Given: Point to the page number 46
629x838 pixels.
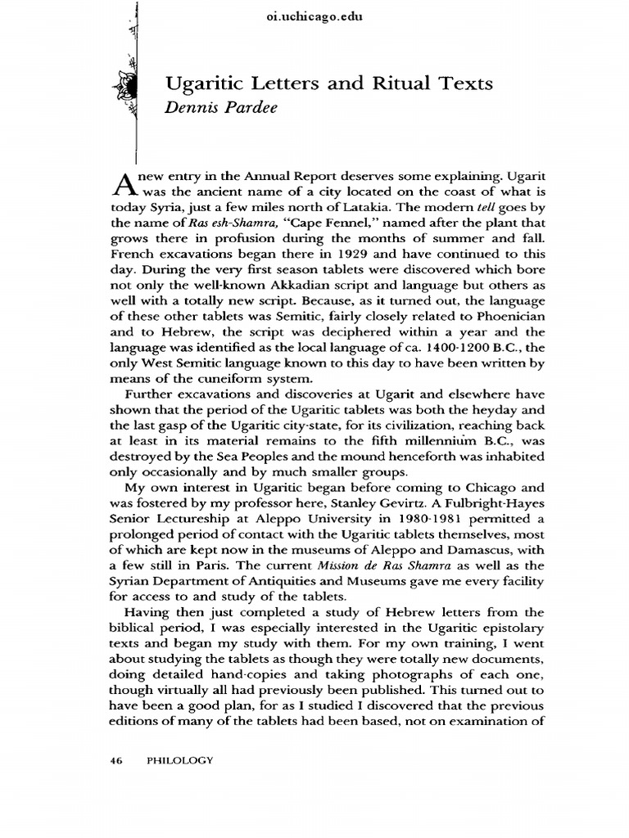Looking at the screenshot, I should coord(115,760).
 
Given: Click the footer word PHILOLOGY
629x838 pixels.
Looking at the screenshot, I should coord(179,760).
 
